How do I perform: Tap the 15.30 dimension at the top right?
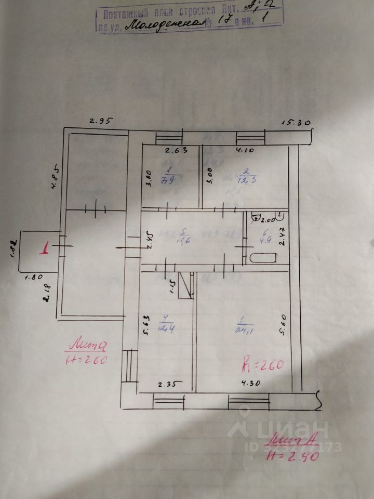(x=296, y=123)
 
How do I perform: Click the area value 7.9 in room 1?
(x=167, y=181)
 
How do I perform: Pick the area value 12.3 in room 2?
(x=248, y=180)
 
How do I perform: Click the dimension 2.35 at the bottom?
(x=169, y=385)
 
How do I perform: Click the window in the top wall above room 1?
(x=169, y=138)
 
